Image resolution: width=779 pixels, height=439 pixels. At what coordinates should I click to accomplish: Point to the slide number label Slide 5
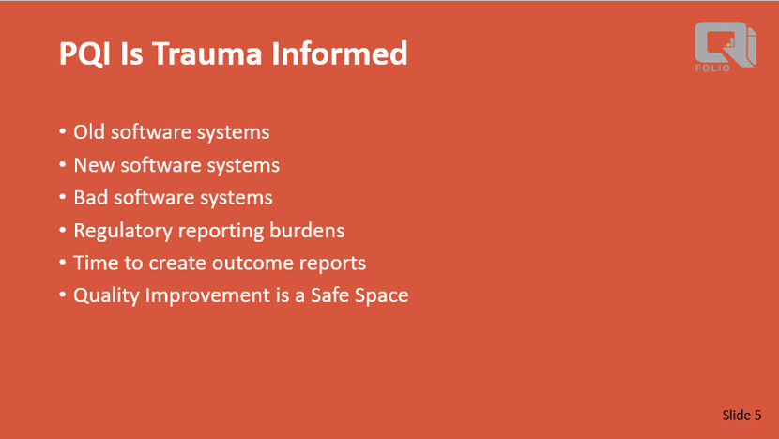click(x=741, y=415)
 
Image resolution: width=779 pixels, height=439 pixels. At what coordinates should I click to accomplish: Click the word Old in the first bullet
click(x=89, y=132)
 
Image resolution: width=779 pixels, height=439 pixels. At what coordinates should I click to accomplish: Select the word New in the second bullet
click(x=93, y=165)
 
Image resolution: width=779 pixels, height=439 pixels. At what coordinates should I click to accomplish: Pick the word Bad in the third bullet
click(x=90, y=198)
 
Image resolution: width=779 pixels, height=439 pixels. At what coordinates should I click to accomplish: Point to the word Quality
click(x=105, y=295)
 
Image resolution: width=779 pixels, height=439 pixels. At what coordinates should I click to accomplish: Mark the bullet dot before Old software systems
click(x=63, y=133)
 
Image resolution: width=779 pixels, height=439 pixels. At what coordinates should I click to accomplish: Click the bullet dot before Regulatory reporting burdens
click(x=63, y=231)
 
